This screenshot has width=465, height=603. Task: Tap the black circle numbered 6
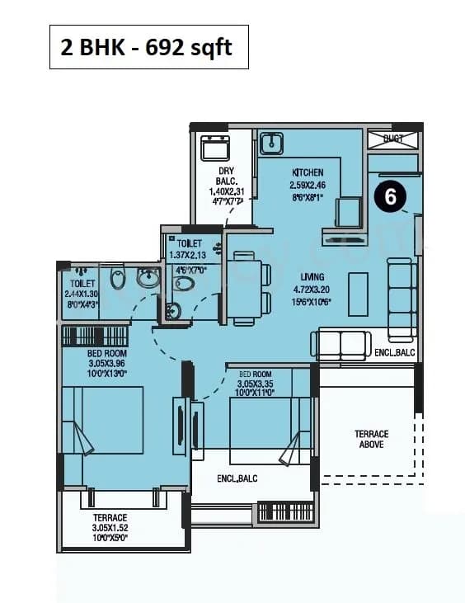click(391, 197)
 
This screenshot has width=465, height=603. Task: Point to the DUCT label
click(393, 139)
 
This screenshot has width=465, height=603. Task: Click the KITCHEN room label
click(308, 172)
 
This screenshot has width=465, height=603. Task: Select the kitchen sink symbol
click(271, 144)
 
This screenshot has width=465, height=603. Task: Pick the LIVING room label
click(312, 277)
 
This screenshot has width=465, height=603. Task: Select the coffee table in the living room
click(358, 293)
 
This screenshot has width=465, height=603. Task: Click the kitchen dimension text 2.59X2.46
click(308, 186)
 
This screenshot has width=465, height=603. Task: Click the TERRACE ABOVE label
click(371, 440)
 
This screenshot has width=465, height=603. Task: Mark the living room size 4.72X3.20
click(312, 290)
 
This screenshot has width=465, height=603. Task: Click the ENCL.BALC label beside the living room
click(394, 352)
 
